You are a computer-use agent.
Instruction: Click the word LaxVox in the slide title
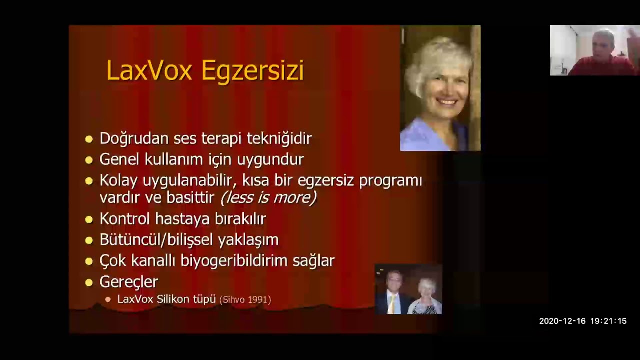coord(149,70)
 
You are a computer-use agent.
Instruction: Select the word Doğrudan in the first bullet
coord(134,139)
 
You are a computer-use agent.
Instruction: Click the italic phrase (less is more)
coord(268,198)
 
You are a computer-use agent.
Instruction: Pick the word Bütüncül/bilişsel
coord(155,240)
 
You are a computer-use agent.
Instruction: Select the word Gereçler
coord(128,282)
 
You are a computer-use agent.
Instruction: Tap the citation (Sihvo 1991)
coord(245,300)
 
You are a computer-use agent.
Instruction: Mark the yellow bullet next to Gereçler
coord(89,282)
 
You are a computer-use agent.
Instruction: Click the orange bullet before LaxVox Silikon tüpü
coord(108,299)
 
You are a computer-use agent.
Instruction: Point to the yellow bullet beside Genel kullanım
coord(89,160)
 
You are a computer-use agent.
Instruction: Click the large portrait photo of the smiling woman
coord(440,88)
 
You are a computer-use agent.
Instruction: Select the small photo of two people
coord(408,290)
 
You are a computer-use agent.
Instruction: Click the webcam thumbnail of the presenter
coord(594,50)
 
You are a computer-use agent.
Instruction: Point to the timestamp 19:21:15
coord(608,321)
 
